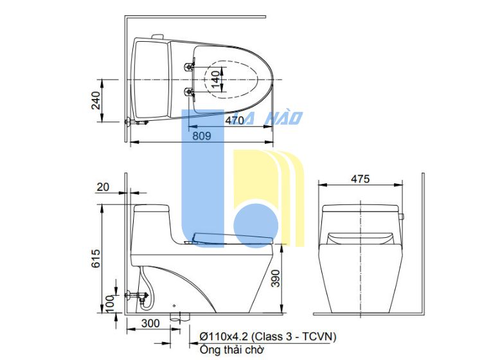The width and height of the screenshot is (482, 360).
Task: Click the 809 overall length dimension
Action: (x=202, y=136)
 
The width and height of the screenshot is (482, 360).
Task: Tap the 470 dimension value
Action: (x=235, y=120)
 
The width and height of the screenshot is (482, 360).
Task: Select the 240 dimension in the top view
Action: (x=96, y=100)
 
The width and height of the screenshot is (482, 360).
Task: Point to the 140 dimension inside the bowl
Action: (x=216, y=79)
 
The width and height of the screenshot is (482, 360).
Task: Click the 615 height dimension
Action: (x=96, y=258)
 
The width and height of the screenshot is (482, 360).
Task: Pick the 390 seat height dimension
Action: (x=276, y=278)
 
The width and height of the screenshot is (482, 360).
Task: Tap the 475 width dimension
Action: (x=361, y=179)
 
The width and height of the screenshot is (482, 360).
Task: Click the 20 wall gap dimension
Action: (x=103, y=187)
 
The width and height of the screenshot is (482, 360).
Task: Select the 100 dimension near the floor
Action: (x=110, y=303)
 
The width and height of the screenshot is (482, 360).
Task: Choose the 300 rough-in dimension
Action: (x=150, y=323)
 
